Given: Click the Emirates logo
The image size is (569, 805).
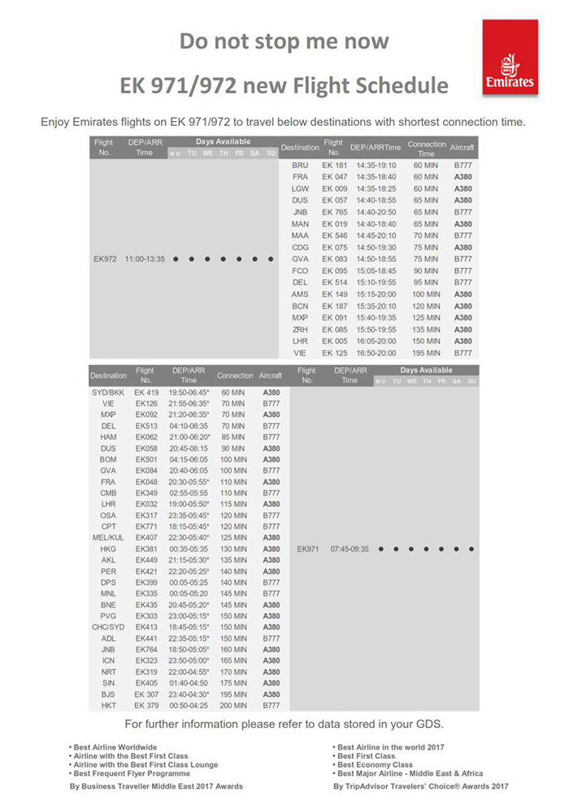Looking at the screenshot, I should [510, 58].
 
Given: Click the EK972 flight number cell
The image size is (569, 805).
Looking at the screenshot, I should [106, 259].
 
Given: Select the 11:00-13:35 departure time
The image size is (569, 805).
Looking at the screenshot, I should [145, 259].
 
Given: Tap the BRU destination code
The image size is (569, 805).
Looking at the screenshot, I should [300, 165].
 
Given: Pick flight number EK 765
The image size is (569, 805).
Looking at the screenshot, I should [334, 212].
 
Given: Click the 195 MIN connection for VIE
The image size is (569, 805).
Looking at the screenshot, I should [426, 353].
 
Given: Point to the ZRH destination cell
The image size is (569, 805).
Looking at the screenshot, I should [300, 330].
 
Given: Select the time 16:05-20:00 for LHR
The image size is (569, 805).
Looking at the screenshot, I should [376, 342].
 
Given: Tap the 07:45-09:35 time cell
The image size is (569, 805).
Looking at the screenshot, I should [350, 548].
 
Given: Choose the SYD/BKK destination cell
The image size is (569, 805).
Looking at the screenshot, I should [108, 392].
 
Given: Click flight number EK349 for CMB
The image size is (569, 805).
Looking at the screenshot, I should [146, 492].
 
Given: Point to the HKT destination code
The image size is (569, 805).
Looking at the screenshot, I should [108, 705].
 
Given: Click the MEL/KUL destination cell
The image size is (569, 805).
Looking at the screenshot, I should [108, 537].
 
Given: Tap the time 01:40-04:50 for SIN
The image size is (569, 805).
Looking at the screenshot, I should [189, 683].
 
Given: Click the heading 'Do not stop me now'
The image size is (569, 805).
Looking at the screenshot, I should [284, 41].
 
